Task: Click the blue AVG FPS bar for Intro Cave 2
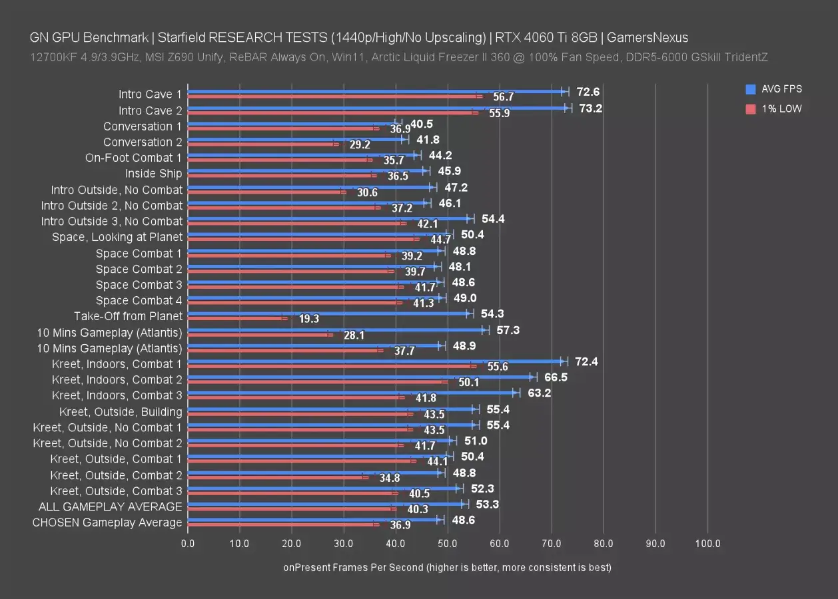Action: pyautogui.click(x=376, y=107)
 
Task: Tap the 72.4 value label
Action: pyautogui.click(x=586, y=361)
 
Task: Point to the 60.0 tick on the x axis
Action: pyautogui.click(x=500, y=544)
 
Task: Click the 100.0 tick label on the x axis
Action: pyautogui.click(x=707, y=544)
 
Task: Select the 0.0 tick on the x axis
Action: pyautogui.click(x=188, y=544)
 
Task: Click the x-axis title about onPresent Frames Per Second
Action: pyautogui.click(x=447, y=568)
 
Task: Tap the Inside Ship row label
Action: pyautogui.click(x=153, y=174)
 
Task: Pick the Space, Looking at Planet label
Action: pyautogui.click(x=117, y=237)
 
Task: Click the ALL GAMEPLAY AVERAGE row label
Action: pyautogui.click(x=110, y=506)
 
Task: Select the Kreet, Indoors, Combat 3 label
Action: pyautogui.click(x=117, y=395)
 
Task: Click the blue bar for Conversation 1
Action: pyautogui.click(x=293, y=123)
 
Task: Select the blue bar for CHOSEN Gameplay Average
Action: pyautogui.click(x=314, y=519)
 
